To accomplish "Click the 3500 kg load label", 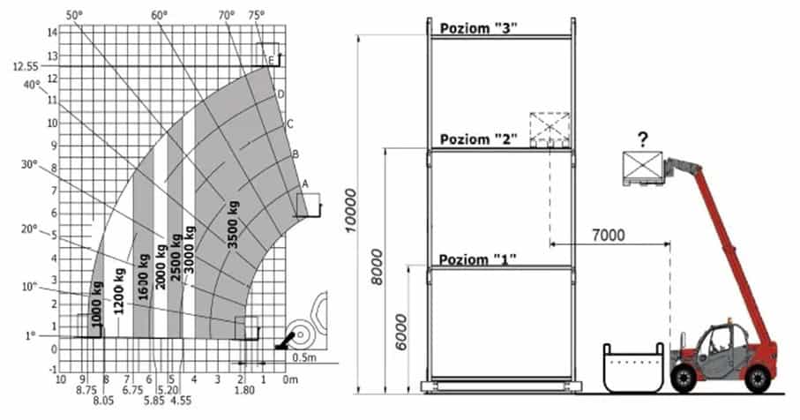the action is pyautogui.click(x=233, y=224).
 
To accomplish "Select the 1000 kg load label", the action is pyautogui.click(x=96, y=304).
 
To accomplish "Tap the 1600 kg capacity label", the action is pyautogui.click(x=144, y=278).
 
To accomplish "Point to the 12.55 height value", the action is pyautogui.click(x=26, y=67).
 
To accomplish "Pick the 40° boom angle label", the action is pyautogui.click(x=32, y=85).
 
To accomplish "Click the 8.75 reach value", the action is pyautogui.click(x=86, y=390).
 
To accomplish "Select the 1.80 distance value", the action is pyautogui.click(x=244, y=390).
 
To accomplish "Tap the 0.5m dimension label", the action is pyautogui.click(x=304, y=357).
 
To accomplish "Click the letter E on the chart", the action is pyautogui.click(x=272, y=61).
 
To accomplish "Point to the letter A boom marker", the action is pyautogui.click(x=305, y=184).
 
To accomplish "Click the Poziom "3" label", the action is pyautogui.click(x=479, y=28).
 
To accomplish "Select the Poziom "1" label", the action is pyautogui.click(x=477, y=259).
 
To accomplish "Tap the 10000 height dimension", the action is pyautogui.click(x=351, y=210).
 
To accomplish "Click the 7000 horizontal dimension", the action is pyautogui.click(x=609, y=236).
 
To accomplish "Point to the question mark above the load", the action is pyautogui.click(x=643, y=139).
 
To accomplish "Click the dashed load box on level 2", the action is pyautogui.click(x=550, y=129).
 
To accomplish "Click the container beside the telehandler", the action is pyautogui.click(x=633, y=367).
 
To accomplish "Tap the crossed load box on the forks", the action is pyautogui.click(x=642, y=166).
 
